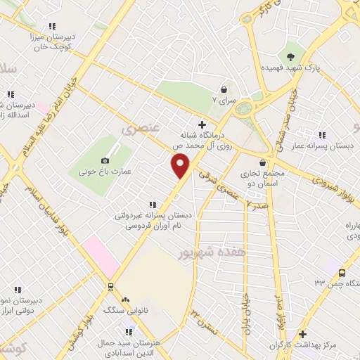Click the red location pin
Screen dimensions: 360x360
[x=181, y=165]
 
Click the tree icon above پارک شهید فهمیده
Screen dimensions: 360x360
[x=292, y=56]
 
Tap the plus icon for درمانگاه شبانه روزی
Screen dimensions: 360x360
[x=202, y=124]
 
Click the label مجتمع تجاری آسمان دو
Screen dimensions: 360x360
[x=262, y=176]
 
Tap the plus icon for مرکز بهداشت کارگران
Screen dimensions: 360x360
[x=303, y=335]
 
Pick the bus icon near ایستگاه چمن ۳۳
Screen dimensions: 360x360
[x=342, y=273]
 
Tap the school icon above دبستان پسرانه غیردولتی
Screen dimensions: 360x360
[x=153, y=205]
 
